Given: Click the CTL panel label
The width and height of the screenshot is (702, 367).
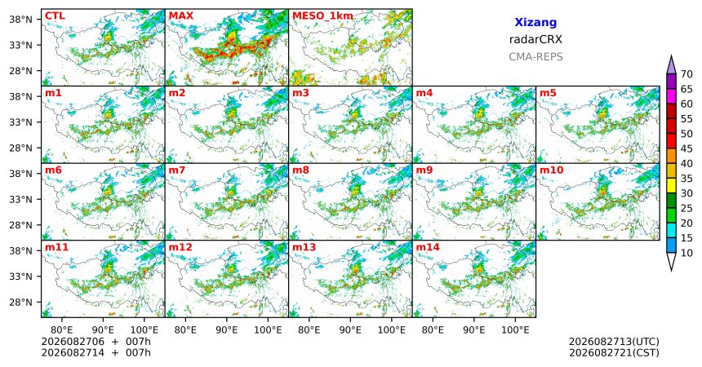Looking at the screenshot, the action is (55, 16).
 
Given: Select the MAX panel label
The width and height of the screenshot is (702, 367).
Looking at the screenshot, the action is (181, 16).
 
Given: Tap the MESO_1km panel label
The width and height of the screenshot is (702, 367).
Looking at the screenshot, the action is (322, 16).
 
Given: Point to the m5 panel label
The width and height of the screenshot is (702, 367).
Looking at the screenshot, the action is (548, 93).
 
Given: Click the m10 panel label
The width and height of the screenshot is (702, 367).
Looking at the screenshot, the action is (551, 170).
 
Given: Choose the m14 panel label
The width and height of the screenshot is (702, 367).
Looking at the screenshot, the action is (428, 247).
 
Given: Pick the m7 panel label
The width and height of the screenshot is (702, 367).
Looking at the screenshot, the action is (177, 170).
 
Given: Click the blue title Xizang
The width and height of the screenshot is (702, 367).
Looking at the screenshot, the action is (535, 22).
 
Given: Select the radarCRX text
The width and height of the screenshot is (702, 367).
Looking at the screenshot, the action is (535, 39).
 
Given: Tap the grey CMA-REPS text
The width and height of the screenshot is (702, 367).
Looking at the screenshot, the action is (535, 57).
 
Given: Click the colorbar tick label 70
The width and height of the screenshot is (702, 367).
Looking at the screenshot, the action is (686, 74).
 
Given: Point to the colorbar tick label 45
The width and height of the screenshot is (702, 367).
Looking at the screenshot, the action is (686, 148).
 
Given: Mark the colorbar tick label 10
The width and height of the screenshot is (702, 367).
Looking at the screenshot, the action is (686, 253).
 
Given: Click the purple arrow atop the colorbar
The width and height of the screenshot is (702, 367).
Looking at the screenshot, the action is (671, 65).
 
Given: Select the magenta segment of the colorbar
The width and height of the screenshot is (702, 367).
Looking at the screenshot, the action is (671, 96).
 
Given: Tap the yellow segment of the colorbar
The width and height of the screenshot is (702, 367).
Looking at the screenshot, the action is (671, 186).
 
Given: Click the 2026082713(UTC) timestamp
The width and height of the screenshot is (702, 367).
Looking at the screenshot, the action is (614, 342).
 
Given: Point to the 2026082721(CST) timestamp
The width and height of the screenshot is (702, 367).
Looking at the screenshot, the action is (614, 352).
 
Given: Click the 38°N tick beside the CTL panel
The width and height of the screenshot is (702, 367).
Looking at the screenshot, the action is (20, 20).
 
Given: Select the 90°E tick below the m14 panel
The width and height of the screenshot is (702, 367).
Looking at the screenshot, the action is (474, 330).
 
